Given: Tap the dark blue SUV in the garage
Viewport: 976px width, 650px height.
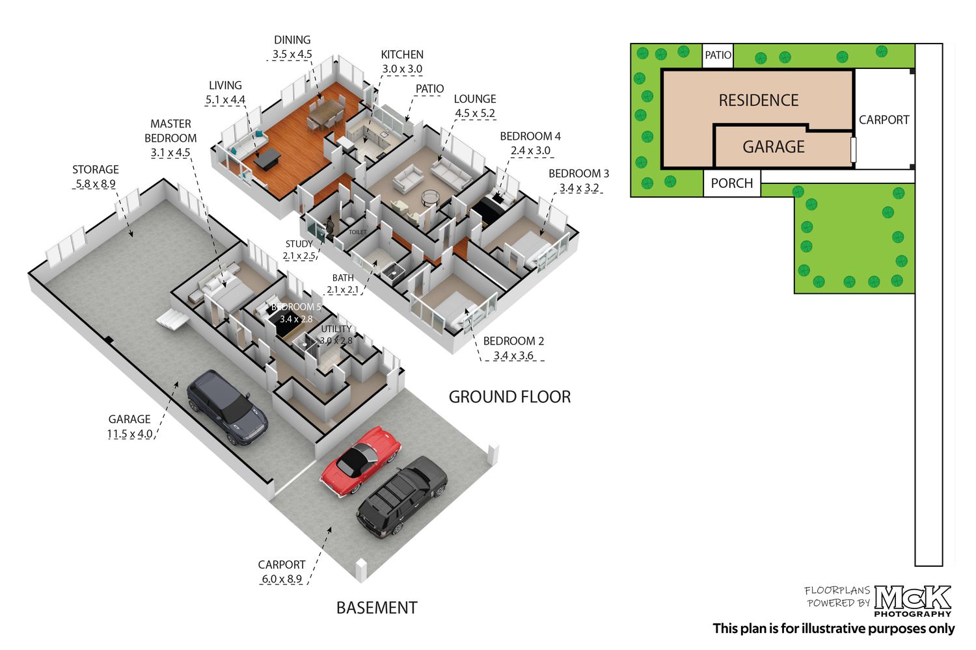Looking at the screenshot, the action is (x=227, y=407).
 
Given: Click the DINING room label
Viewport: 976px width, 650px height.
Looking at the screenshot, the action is (x=292, y=40).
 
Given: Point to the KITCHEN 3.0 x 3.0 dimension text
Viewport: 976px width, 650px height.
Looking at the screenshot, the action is (x=402, y=69).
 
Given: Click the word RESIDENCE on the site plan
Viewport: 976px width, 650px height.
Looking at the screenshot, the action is (x=759, y=100).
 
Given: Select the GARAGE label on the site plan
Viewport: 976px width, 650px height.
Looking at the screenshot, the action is (x=774, y=147).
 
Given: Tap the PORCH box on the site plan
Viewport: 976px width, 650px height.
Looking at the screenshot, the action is (x=732, y=183).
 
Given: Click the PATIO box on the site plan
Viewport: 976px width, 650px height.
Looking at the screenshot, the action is (x=718, y=55).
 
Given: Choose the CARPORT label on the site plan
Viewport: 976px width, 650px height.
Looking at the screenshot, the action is (x=884, y=120).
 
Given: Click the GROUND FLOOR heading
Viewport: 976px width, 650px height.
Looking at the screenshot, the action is (x=509, y=396).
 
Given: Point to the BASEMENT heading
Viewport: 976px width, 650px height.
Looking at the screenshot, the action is (x=377, y=607).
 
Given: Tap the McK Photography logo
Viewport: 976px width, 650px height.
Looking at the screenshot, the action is (x=912, y=601).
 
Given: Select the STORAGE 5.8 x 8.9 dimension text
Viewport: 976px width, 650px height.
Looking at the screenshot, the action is (x=96, y=184).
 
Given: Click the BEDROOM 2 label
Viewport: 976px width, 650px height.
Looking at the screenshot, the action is (x=514, y=341).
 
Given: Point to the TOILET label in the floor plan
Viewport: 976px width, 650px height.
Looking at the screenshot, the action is (x=357, y=232).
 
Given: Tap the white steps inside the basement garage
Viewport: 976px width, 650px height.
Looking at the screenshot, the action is (x=172, y=320).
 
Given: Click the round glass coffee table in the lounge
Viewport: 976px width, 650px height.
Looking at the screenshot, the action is (x=429, y=198).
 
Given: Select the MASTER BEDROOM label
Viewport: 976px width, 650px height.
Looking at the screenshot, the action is (x=170, y=131).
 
